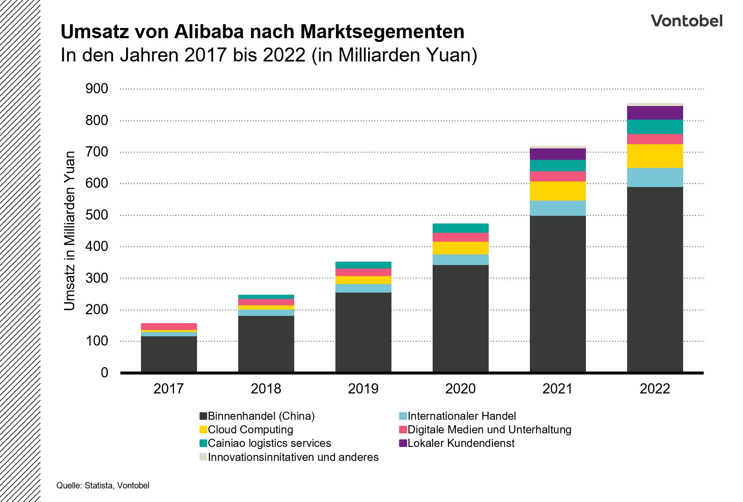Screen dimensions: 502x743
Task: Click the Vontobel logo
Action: click(x=686, y=20)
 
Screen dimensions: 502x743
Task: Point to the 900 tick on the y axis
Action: click(x=97, y=89)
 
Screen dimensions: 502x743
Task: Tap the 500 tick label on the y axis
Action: click(x=97, y=215)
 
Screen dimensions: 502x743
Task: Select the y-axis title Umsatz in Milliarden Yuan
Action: click(x=69, y=231)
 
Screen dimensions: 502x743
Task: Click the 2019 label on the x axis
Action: click(x=363, y=389)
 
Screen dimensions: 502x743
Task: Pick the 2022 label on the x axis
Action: click(x=655, y=389)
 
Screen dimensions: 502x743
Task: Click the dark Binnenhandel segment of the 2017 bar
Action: click(x=169, y=354)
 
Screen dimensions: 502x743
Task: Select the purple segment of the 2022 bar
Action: click(x=655, y=113)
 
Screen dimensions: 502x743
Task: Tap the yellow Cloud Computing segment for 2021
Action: click(x=557, y=191)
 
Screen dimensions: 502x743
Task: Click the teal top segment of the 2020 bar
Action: click(x=460, y=228)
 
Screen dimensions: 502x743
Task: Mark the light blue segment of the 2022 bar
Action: click(x=655, y=177)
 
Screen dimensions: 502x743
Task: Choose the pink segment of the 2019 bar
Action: click(x=363, y=272)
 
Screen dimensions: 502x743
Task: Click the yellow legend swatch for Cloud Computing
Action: click(x=203, y=429)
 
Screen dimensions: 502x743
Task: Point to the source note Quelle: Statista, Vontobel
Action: click(x=103, y=485)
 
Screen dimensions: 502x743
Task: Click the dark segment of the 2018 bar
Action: click(x=266, y=343)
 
